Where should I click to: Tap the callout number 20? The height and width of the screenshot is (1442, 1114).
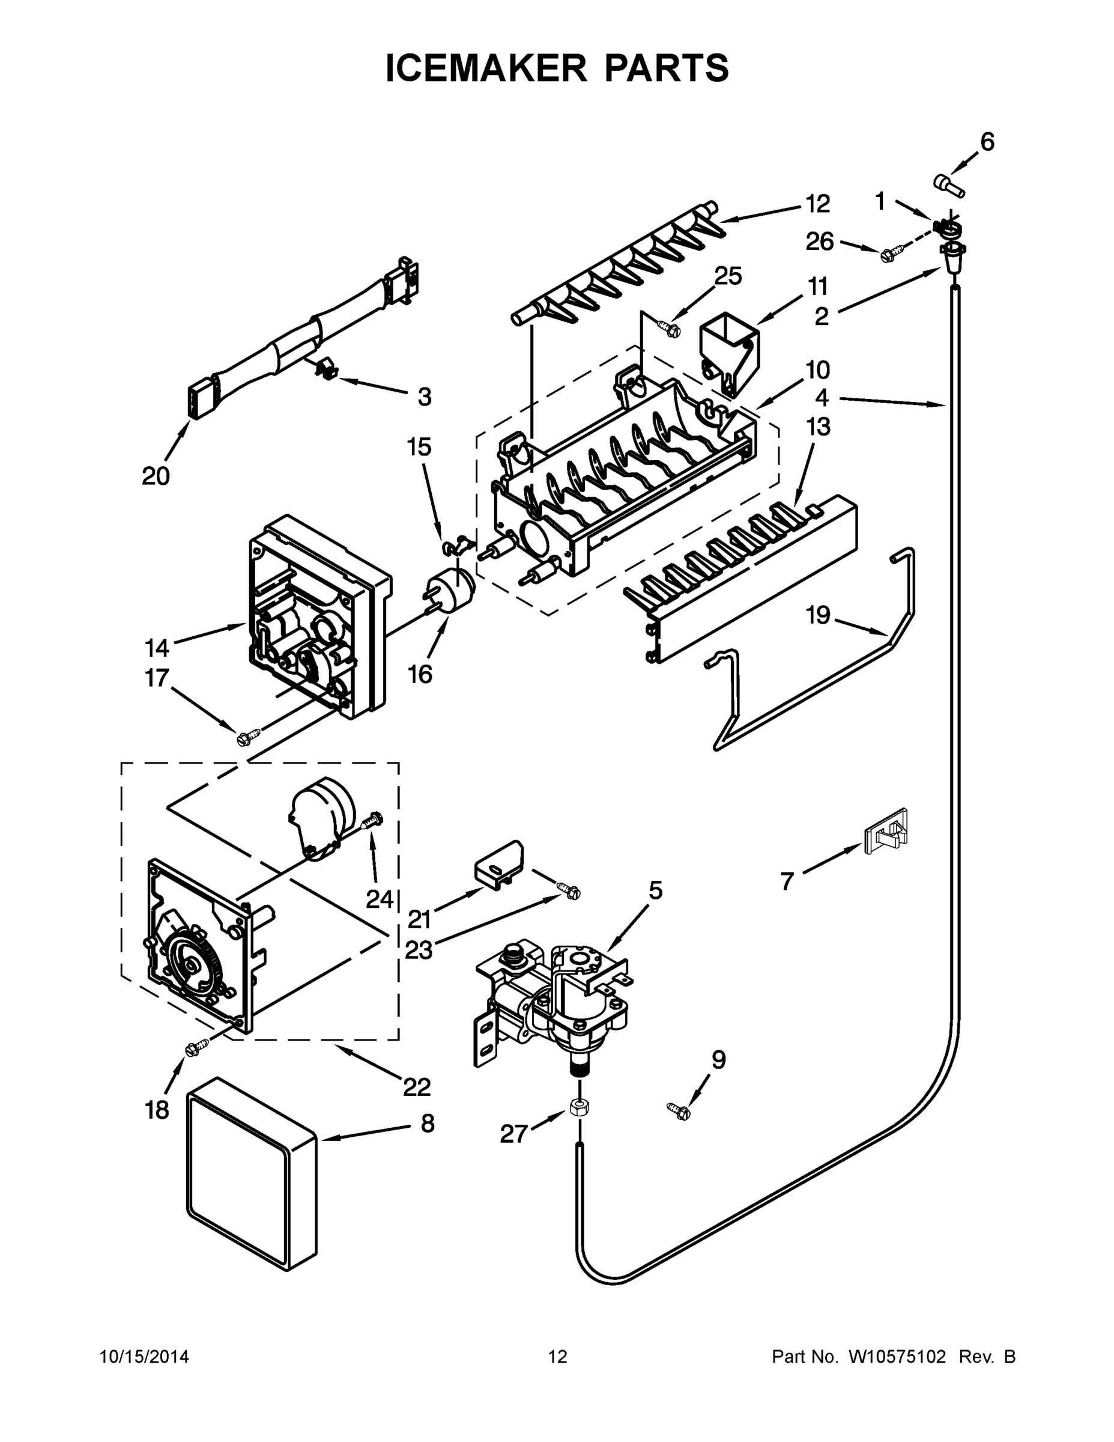156,475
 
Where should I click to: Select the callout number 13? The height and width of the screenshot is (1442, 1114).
819,427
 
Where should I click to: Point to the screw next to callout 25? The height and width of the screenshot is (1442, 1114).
668,326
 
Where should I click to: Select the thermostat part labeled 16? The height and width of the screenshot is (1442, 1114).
453,589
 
